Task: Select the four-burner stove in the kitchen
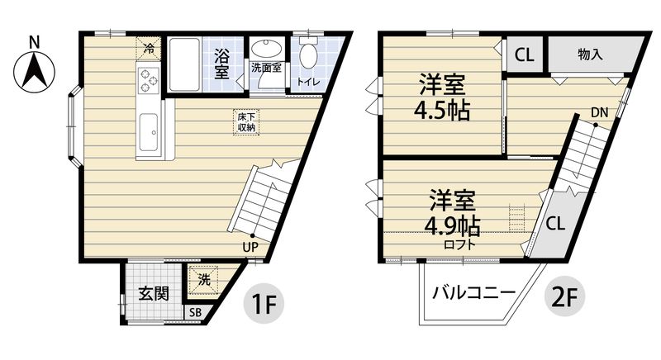point(149,80)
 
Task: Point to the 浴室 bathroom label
point(221,64)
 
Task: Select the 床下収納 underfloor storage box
point(246,123)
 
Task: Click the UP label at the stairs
point(251,245)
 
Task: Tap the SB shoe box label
point(195,313)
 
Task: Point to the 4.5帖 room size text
point(442,111)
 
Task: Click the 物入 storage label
point(589,55)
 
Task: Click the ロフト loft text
point(459,244)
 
